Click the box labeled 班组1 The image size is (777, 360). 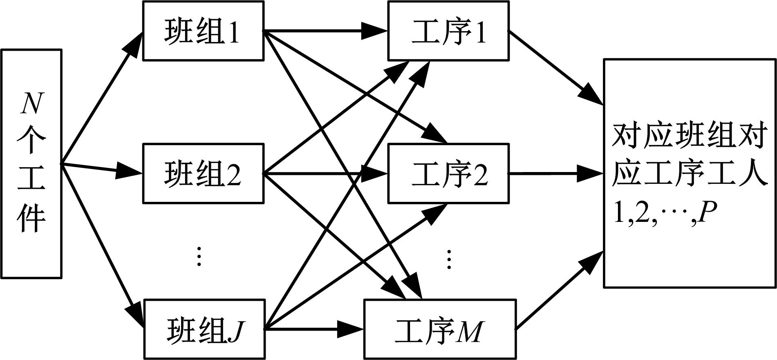click(203, 31)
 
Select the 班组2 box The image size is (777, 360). click(203, 174)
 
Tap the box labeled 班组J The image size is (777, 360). click(204, 329)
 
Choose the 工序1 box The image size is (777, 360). click(448, 31)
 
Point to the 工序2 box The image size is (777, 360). click(448, 174)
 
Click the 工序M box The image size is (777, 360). click(440, 329)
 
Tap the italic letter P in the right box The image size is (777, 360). click(708, 212)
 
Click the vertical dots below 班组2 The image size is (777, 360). click(199, 256)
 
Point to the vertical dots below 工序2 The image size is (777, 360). click(449, 259)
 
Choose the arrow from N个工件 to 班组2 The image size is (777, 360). click(102, 169)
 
